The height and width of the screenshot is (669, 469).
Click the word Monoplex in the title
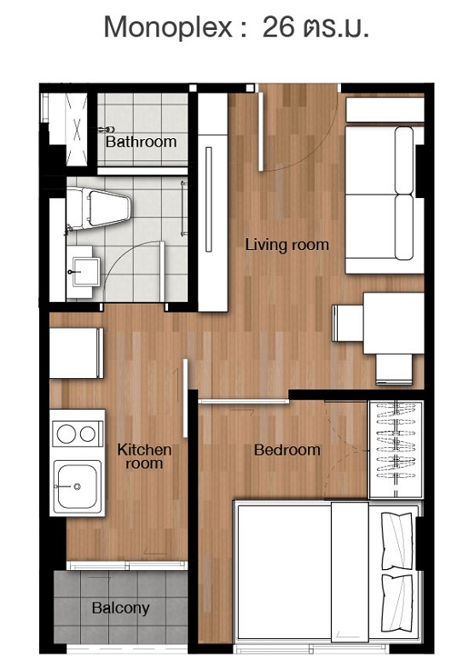[168, 27]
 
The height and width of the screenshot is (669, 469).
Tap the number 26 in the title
[278, 26]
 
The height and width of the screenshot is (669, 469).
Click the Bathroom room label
[142, 142]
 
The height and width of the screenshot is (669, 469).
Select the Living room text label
[287, 245]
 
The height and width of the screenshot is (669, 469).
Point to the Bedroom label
[287, 450]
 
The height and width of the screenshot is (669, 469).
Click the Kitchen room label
[144, 456]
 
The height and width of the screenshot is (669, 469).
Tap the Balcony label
[121, 608]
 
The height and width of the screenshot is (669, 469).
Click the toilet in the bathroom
[99, 208]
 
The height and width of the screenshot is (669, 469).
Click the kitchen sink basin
[77, 486]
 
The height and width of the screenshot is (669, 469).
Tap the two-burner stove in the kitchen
[77, 433]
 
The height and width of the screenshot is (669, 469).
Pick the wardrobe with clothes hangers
[396, 450]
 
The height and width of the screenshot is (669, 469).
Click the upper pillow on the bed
[397, 541]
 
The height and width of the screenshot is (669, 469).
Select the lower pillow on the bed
[397, 603]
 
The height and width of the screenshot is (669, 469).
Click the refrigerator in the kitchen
[77, 353]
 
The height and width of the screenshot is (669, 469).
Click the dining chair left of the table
[348, 323]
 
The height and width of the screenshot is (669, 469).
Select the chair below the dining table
[394, 369]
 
